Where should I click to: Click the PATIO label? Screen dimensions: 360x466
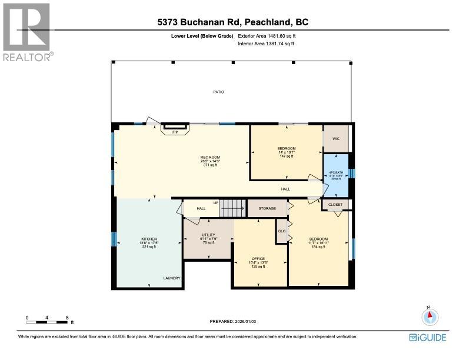pos(218,92)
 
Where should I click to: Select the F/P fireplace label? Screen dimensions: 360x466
pos(175,132)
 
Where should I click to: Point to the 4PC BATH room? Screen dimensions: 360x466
pos(335,175)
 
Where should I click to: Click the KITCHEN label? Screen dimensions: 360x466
pos(132,239)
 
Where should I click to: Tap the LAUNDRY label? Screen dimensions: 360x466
pos(172,278)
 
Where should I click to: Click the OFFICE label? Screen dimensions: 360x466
pos(258,259)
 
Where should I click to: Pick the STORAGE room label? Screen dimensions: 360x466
pos(267,208)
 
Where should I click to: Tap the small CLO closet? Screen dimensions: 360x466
pos(282,231)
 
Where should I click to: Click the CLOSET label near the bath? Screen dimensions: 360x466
pos(335,205)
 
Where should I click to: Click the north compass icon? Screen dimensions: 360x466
pos(430,316)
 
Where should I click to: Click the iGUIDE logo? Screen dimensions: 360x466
pos(428,337)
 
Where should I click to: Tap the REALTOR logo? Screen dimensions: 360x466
pos(27,32)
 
